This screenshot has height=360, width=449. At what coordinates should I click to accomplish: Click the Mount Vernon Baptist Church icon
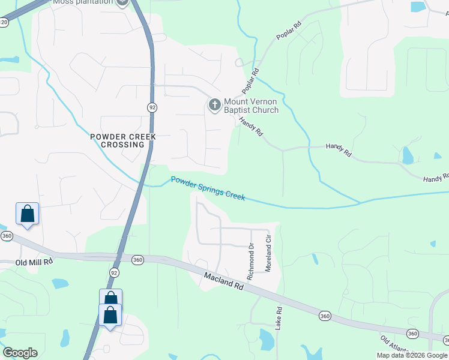(214, 105)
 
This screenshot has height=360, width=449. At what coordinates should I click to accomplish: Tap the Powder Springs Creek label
(208, 188)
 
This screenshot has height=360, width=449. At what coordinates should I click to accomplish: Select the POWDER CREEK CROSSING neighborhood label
(122, 140)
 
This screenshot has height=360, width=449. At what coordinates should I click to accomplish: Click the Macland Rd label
(223, 281)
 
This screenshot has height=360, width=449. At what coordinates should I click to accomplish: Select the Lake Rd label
(279, 319)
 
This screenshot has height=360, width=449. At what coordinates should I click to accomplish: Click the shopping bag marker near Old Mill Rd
(27, 214)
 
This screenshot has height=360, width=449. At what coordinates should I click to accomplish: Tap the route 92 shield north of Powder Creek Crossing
(152, 106)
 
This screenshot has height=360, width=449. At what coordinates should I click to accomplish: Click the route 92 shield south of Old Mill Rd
(115, 272)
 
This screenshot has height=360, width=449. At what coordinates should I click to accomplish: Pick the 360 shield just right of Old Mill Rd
(137, 260)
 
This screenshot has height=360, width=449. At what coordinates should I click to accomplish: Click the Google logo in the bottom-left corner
(20, 353)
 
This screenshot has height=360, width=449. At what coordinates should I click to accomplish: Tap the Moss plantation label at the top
(82, 2)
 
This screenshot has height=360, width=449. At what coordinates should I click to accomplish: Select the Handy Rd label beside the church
(251, 127)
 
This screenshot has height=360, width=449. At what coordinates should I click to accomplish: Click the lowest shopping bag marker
(110, 316)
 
